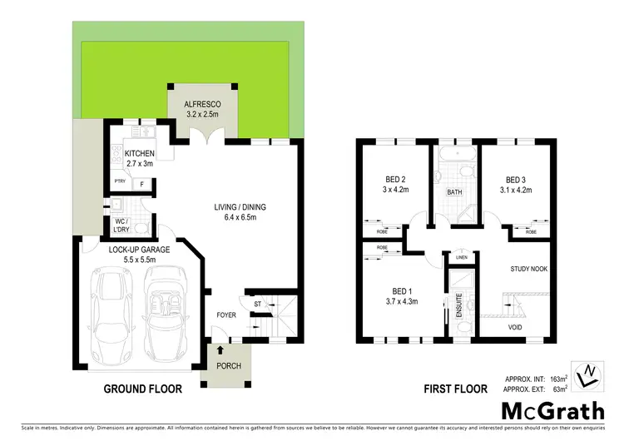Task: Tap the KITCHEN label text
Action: pyautogui.click(x=139, y=154)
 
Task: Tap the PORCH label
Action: pyautogui.click(x=228, y=366)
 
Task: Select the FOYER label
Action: pyautogui.click(x=225, y=315)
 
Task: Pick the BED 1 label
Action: pyautogui.click(x=398, y=291)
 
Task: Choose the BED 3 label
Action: pyautogui.click(x=516, y=180)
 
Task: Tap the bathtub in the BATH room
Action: pyautogui.click(x=454, y=156)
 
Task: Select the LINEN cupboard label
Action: pyautogui.click(x=462, y=257)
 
